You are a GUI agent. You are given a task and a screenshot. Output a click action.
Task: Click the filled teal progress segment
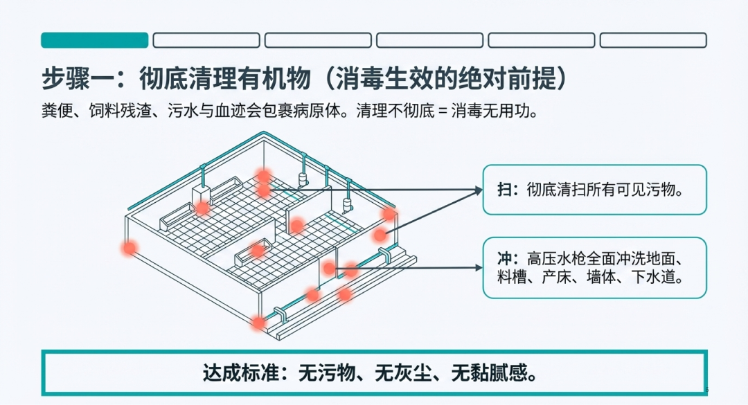point(95,40)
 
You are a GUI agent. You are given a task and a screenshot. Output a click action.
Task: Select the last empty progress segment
point(653,40)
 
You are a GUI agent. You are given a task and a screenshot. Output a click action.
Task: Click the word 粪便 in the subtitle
point(55,111)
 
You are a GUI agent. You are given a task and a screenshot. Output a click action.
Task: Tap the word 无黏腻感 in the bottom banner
point(494,374)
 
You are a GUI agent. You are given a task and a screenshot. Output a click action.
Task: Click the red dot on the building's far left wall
point(129,247)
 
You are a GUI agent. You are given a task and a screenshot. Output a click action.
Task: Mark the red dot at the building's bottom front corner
point(258,322)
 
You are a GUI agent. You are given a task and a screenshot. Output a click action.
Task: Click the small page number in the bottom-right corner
point(706,388)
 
